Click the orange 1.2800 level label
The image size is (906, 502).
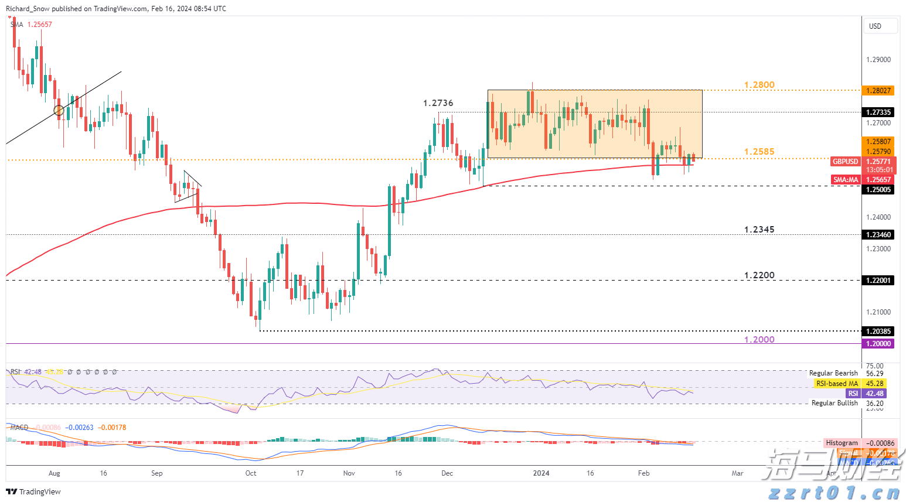pos(759,85)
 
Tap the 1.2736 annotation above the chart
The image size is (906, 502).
pos(438,103)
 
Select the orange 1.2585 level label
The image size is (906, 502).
pos(759,152)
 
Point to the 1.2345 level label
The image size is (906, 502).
pos(759,230)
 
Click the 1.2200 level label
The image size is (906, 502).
pos(759,275)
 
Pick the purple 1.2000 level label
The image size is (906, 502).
pos(759,340)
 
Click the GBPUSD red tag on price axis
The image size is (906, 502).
pos(846,162)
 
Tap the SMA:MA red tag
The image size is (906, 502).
pos(846,180)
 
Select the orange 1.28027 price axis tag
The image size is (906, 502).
pos(878,90)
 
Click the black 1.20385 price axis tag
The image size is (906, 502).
pos(878,332)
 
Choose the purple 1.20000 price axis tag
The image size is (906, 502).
pos(878,344)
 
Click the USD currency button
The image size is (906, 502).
pos(876,26)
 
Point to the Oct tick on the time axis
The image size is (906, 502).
pos(251,473)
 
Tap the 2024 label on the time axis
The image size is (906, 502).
pos(541,473)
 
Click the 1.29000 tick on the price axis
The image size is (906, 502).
pos(878,60)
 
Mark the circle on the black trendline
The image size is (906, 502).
pos(59,110)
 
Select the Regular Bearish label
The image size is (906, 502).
pos(833,373)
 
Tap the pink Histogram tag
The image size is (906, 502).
pos(842,443)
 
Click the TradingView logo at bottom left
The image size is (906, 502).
pos(34,491)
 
